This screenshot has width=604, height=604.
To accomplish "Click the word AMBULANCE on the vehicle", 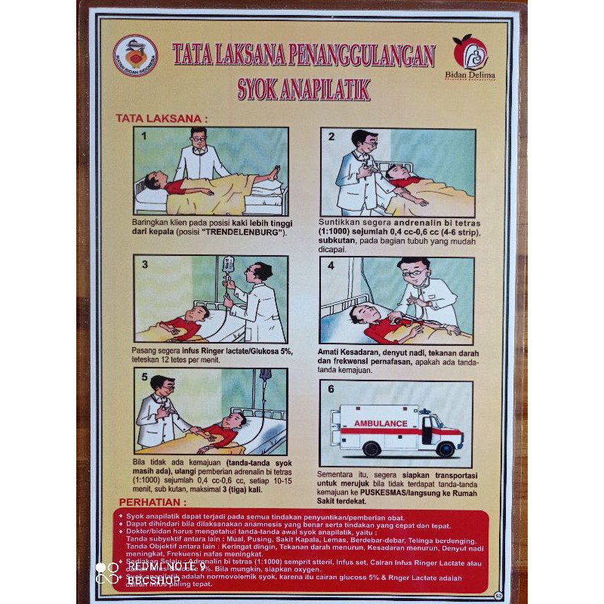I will point(381,424).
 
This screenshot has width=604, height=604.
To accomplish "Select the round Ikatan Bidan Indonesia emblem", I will point(136,56).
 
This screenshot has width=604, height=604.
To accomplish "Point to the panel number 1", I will point(143,137).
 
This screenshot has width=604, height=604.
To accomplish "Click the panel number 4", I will point(331,267).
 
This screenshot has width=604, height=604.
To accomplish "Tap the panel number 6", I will point(330,390).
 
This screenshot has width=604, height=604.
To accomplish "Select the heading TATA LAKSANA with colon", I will point(161,118).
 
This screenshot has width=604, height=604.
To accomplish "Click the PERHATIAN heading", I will point(152,502).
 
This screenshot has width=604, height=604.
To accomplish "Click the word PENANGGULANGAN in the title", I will point(370,55).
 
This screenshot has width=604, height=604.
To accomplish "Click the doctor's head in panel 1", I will point(199,137).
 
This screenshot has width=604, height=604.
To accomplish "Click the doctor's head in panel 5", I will point(162,385).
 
